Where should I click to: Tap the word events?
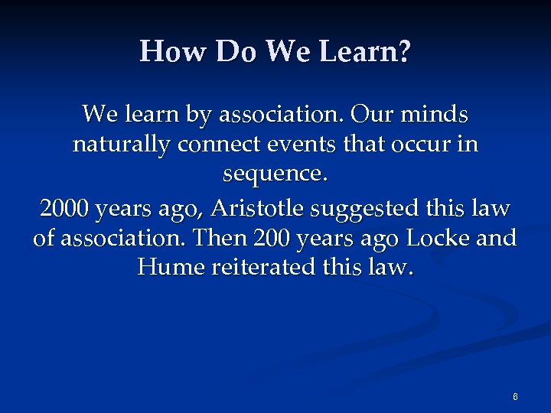click(x=302, y=145)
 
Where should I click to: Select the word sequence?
click(x=275, y=175)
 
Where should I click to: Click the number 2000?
click(x=64, y=206)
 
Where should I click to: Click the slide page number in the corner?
click(x=515, y=396)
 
